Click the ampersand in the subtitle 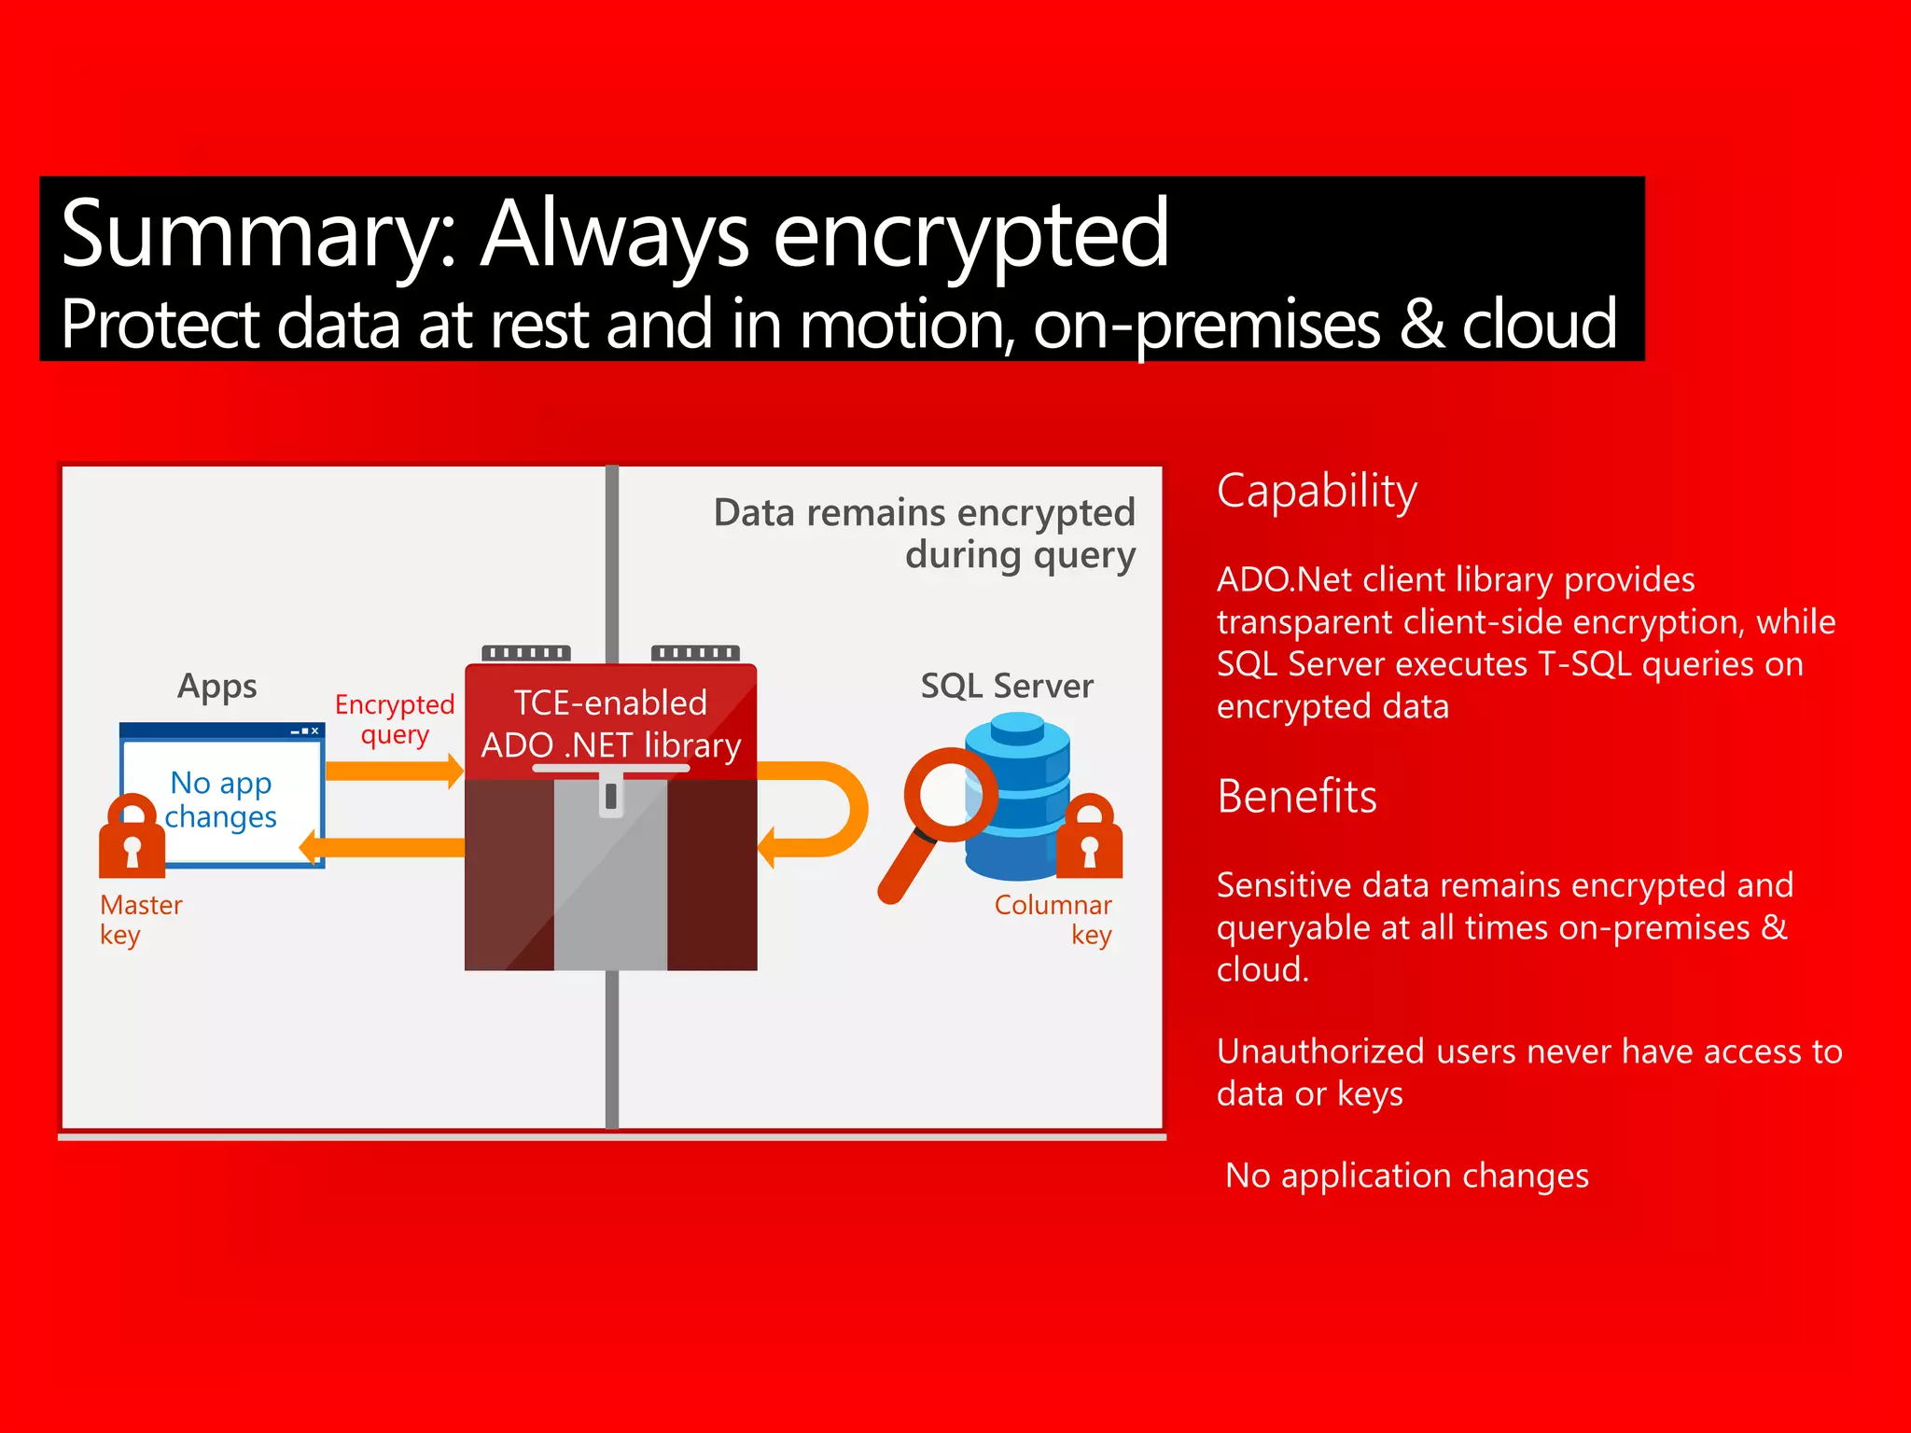point(1420,324)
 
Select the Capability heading point(1317,492)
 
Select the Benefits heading point(1296,797)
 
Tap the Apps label point(217,687)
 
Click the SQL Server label point(1007,687)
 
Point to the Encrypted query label point(395,719)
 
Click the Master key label point(140,920)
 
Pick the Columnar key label point(1053,920)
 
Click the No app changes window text point(221,800)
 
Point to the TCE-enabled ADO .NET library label point(611,724)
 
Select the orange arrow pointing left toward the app point(383,847)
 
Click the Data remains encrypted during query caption point(925,534)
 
